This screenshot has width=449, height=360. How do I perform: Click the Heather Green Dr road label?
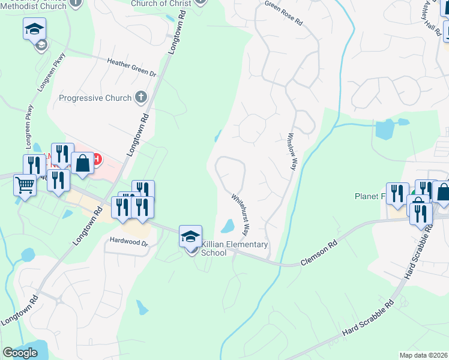click(131, 67)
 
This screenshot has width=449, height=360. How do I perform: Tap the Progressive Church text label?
click(95, 98)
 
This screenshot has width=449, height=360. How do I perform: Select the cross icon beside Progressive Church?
click(141, 97)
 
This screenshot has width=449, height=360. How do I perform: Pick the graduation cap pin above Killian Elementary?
click(190, 236)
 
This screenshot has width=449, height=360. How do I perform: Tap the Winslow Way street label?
click(293, 151)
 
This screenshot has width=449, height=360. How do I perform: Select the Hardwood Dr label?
click(128, 242)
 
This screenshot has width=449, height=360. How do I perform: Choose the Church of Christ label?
click(161, 4)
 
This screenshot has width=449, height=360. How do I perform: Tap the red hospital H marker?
click(96, 160)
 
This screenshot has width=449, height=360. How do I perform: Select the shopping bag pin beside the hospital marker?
click(82, 163)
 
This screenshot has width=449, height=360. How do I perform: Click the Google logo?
click(20, 353)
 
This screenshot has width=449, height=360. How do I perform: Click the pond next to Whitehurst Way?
click(228, 226)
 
